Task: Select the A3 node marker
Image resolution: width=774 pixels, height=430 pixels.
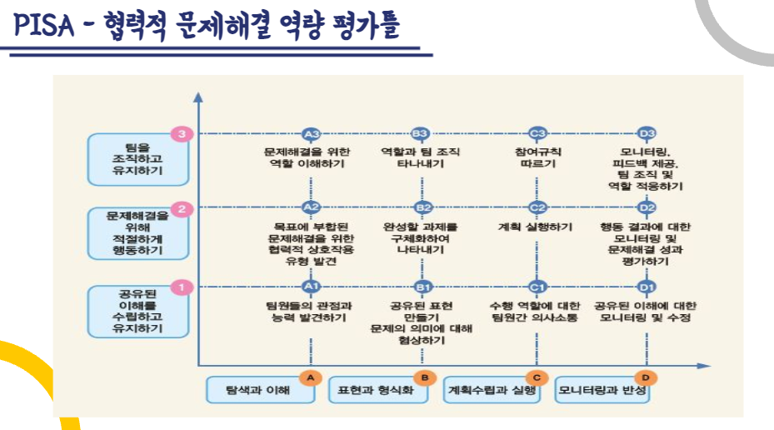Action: click(312, 133)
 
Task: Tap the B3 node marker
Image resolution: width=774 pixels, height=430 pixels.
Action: click(421, 133)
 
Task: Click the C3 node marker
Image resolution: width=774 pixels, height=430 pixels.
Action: click(537, 133)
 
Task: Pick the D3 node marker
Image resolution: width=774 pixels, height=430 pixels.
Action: click(647, 133)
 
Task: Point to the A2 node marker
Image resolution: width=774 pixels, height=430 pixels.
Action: click(312, 207)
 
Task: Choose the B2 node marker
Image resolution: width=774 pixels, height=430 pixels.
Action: click(423, 207)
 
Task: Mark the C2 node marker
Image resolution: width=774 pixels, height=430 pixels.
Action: click(537, 207)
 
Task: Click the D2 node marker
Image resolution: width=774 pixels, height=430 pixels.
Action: click(647, 207)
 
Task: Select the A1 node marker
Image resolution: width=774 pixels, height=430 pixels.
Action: click(312, 287)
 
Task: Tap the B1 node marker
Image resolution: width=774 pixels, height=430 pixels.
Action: click(423, 287)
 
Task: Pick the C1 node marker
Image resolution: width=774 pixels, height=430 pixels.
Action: click(537, 287)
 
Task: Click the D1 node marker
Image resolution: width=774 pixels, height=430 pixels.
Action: click(647, 287)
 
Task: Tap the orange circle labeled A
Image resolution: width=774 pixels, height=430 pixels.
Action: click(311, 377)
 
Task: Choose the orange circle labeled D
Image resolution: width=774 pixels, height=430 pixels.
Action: click(643, 377)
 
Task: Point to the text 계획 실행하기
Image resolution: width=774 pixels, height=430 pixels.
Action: click(536, 226)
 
